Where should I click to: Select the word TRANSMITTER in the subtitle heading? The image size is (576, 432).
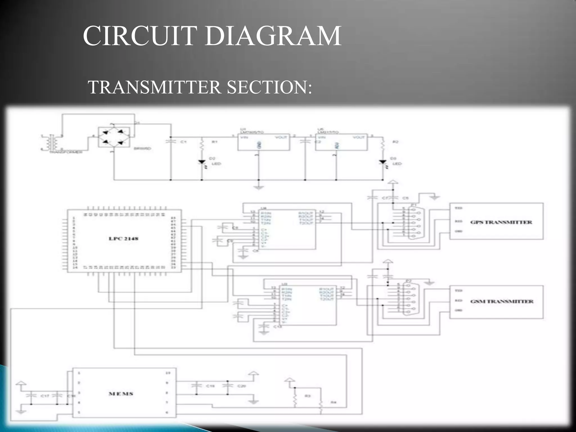point(154,87)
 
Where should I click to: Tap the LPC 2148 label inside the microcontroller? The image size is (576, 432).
point(123,239)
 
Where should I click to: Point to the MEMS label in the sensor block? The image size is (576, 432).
point(121,394)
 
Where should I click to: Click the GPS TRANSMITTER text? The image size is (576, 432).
point(501,222)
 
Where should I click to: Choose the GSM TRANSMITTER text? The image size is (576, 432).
point(502,301)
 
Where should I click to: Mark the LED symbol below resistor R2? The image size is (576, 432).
point(382,162)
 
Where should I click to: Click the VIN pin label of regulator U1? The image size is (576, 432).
point(243,137)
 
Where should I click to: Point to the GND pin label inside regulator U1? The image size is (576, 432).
point(259,145)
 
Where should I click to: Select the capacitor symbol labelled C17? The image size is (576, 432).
point(31,395)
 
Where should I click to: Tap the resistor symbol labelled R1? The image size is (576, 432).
point(202,145)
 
